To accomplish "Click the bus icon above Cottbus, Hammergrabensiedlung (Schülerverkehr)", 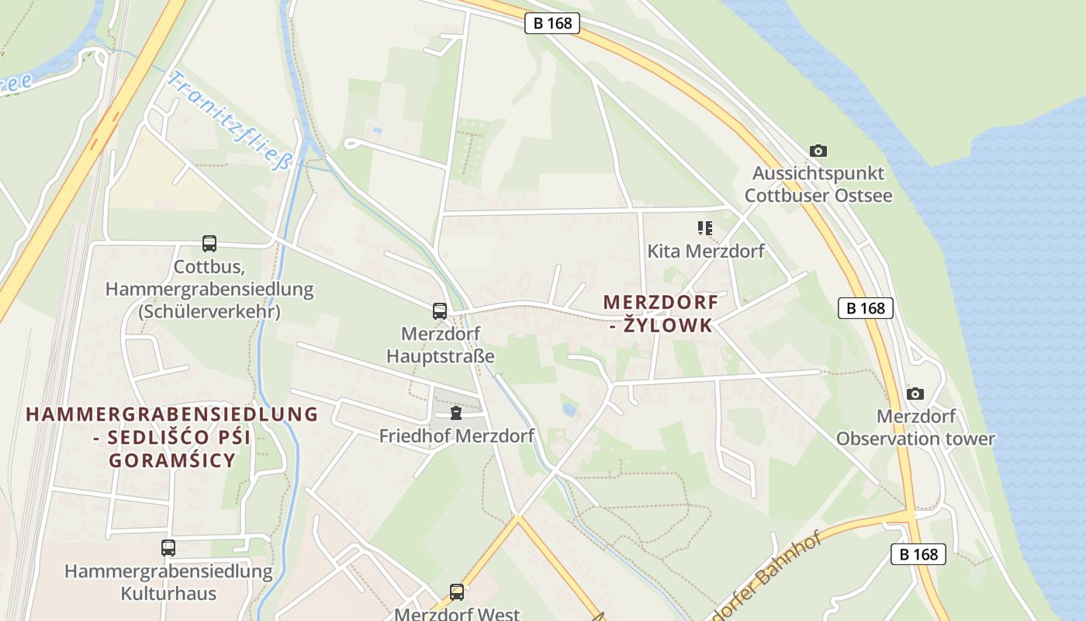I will pyautogui.click(x=209, y=244).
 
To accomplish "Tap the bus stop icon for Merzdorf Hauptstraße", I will pyautogui.click(x=440, y=311).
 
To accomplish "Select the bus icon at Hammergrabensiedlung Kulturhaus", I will pyautogui.click(x=168, y=548).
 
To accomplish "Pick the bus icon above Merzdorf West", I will pyautogui.click(x=457, y=592).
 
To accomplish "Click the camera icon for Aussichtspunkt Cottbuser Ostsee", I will pyautogui.click(x=818, y=151).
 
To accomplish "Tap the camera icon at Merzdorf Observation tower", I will pyautogui.click(x=915, y=394).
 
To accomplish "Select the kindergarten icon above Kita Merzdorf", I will pyautogui.click(x=704, y=228).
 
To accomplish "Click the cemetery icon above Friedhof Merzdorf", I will pyautogui.click(x=456, y=412).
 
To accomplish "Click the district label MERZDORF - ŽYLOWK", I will pyautogui.click(x=661, y=314).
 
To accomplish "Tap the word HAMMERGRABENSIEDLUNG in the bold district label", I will pyautogui.click(x=172, y=414).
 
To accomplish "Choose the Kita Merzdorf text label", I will pyautogui.click(x=706, y=251).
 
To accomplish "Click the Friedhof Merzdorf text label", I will pyautogui.click(x=456, y=435).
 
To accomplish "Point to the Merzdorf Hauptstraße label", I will pyautogui.click(x=441, y=345).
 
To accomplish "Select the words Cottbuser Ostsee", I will pyautogui.click(x=818, y=195).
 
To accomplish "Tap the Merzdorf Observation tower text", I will pyautogui.click(x=915, y=428).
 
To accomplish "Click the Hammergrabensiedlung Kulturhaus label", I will pyautogui.click(x=168, y=583).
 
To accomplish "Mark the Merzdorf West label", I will pyautogui.click(x=457, y=614).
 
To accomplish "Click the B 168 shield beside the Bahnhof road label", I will pyautogui.click(x=918, y=554).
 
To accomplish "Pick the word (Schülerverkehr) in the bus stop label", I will pyautogui.click(x=209, y=312).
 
